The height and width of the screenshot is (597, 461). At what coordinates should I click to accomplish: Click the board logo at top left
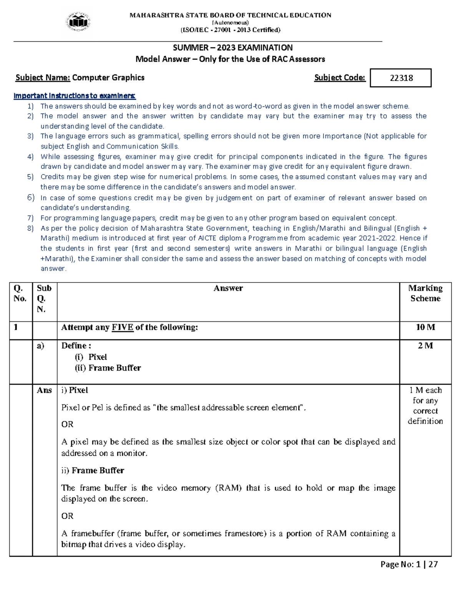(79, 22)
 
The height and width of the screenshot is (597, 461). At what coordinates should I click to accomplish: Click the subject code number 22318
(401, 78)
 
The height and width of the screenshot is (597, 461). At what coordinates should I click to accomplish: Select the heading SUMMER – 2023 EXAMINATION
(232, 48)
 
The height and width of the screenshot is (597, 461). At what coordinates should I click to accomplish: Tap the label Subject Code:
(340, 78)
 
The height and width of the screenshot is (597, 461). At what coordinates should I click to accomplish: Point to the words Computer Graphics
(108, 78)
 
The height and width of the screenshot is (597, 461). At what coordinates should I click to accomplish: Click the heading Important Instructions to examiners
(75, 96)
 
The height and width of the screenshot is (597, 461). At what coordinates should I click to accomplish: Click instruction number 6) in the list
(31, 198)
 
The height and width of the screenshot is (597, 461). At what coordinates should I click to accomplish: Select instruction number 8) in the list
(31, 228)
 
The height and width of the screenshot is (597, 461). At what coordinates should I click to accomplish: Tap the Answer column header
(228, 288)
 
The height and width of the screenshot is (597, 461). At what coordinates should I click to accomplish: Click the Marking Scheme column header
(425, 293)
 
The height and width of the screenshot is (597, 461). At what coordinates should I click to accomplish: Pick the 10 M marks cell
(425, 327)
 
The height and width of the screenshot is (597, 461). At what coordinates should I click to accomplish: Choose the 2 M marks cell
(425, 346)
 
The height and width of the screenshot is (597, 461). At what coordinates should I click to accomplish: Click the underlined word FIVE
(122, 327)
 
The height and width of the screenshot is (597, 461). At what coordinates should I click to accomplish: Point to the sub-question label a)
(40, 346)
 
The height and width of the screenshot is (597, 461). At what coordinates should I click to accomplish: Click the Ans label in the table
(44, 390)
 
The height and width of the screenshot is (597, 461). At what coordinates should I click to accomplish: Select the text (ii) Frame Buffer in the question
(108, 368)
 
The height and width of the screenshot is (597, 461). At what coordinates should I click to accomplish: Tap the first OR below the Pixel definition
(67, 424)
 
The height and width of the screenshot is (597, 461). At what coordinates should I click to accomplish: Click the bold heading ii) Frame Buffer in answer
(93, 471)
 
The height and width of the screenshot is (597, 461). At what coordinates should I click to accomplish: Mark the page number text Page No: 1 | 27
(409, 564)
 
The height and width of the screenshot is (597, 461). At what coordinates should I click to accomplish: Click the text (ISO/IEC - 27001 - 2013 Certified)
(230, 30)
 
